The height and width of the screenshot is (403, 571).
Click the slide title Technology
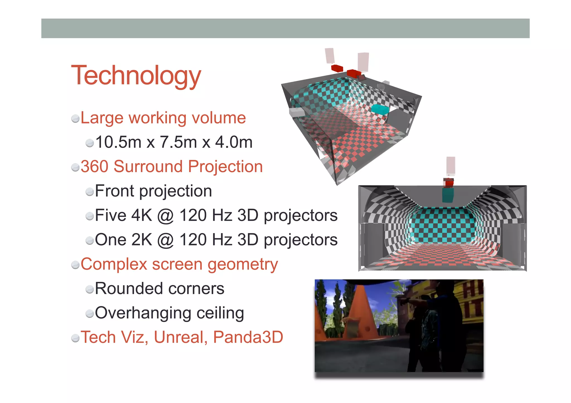click(x=136, y=75)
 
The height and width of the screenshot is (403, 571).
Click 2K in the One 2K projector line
click(x=141, y=240)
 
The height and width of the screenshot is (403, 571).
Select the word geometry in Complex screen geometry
click(x=243, y=265)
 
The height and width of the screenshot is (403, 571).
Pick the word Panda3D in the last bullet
click(x=248, y=337)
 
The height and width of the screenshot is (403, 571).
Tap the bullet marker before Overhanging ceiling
click(x=89, y=314)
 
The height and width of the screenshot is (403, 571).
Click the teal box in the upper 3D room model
click(x=380, y=109)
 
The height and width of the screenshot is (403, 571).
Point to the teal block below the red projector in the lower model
click(x=448, y=195)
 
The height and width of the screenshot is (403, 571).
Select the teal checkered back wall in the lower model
click(x=443, y=226)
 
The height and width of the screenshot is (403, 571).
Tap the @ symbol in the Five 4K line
click(x=166, y=216)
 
